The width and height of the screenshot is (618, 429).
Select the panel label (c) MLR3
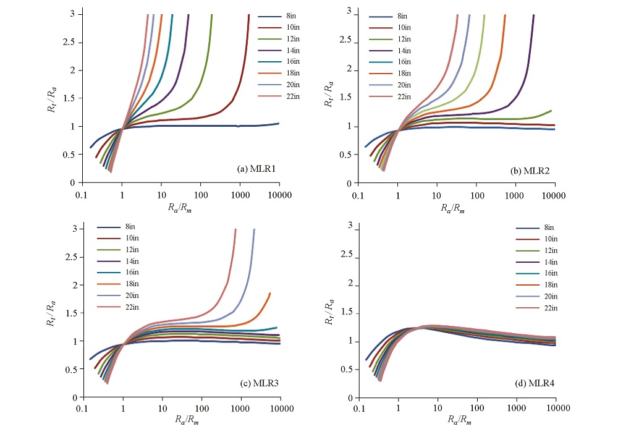(x=259, y=384)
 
